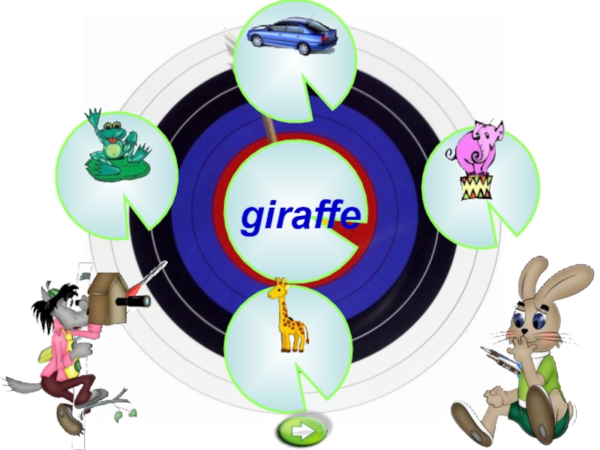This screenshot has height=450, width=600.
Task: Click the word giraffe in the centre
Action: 300,216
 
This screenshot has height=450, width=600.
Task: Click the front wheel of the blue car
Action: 303,48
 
